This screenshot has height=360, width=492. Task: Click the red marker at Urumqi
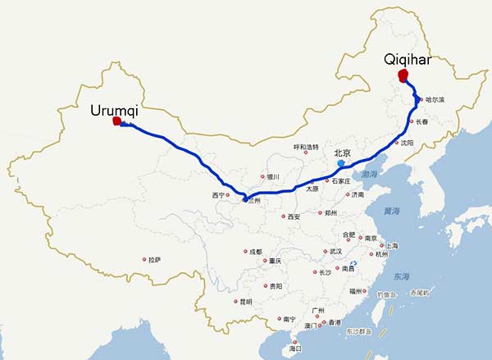(x=116, y=122)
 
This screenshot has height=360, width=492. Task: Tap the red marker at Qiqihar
(x=403, y=76)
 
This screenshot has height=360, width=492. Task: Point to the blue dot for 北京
(x=339, y=163)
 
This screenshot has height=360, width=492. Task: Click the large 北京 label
(x=342, y=153)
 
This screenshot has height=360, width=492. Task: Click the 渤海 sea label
(x=371, y=175)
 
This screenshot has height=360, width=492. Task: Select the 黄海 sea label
(x=391, y=211)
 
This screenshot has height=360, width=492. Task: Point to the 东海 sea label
(x=400, y=276)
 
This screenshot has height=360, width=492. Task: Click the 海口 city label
(x=294, y=349)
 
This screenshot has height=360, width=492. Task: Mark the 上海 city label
(x=391, y=246)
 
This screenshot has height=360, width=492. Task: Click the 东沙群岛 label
(x=359, y=332)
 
